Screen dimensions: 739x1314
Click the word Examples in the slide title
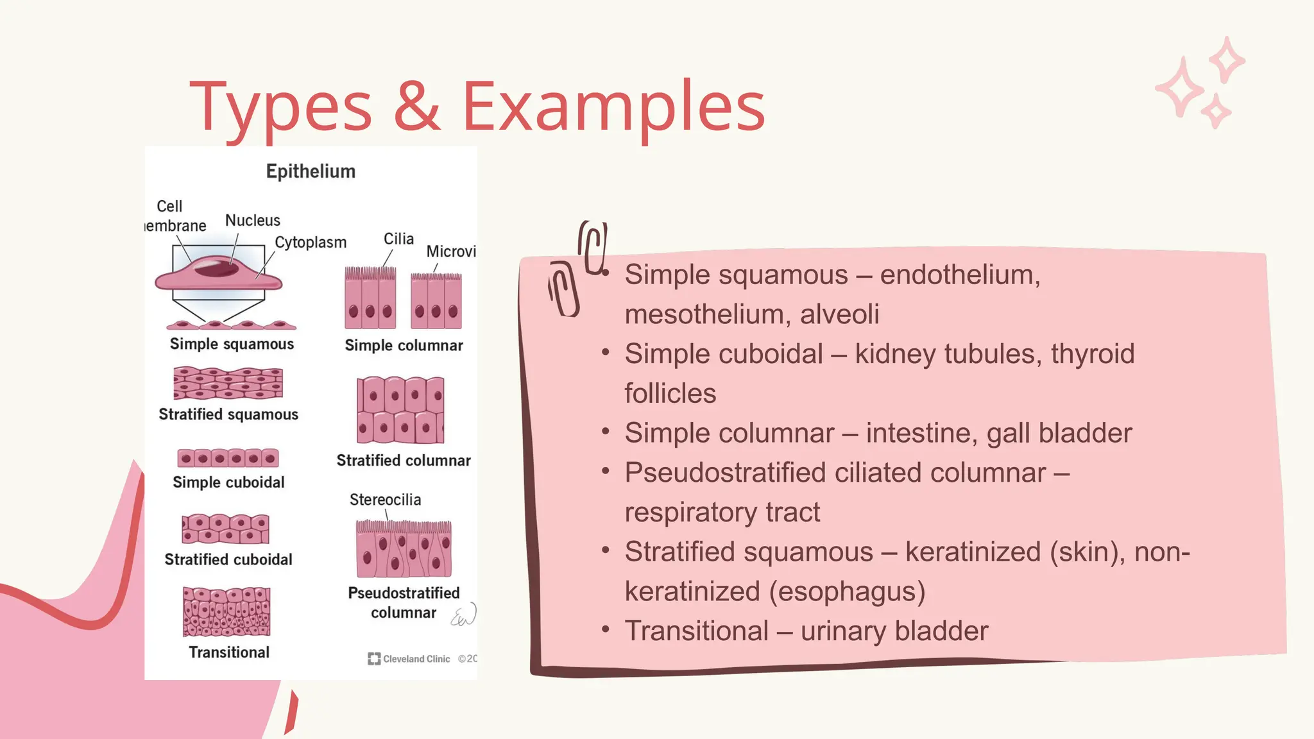tap(613, 106)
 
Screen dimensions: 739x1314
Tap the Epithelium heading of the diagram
tap(311, 171)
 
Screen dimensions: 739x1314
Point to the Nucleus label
tap(252, 220)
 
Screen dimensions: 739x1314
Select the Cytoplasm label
tap(311, 242)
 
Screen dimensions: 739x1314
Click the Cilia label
tap(398, 239)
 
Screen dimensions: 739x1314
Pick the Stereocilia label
tap(385, 499)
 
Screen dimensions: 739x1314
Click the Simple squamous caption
tap(232, 344)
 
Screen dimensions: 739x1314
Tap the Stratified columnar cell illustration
tap(400, 411)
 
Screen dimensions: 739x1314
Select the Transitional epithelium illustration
tap(226, 612)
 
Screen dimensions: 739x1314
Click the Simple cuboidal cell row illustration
tap(228, 458)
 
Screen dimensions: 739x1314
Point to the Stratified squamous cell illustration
tap(228, 383)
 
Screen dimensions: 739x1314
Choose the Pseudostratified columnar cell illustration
tap(404, 549)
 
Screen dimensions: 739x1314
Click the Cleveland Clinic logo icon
tap(373, 659)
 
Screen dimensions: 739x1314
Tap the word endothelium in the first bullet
tap(959, 275)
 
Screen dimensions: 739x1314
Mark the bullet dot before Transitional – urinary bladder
tap(605, 629)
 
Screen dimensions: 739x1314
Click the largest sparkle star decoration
tap(1179, 88)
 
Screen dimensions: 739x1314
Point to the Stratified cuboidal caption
tap(228, 559)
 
